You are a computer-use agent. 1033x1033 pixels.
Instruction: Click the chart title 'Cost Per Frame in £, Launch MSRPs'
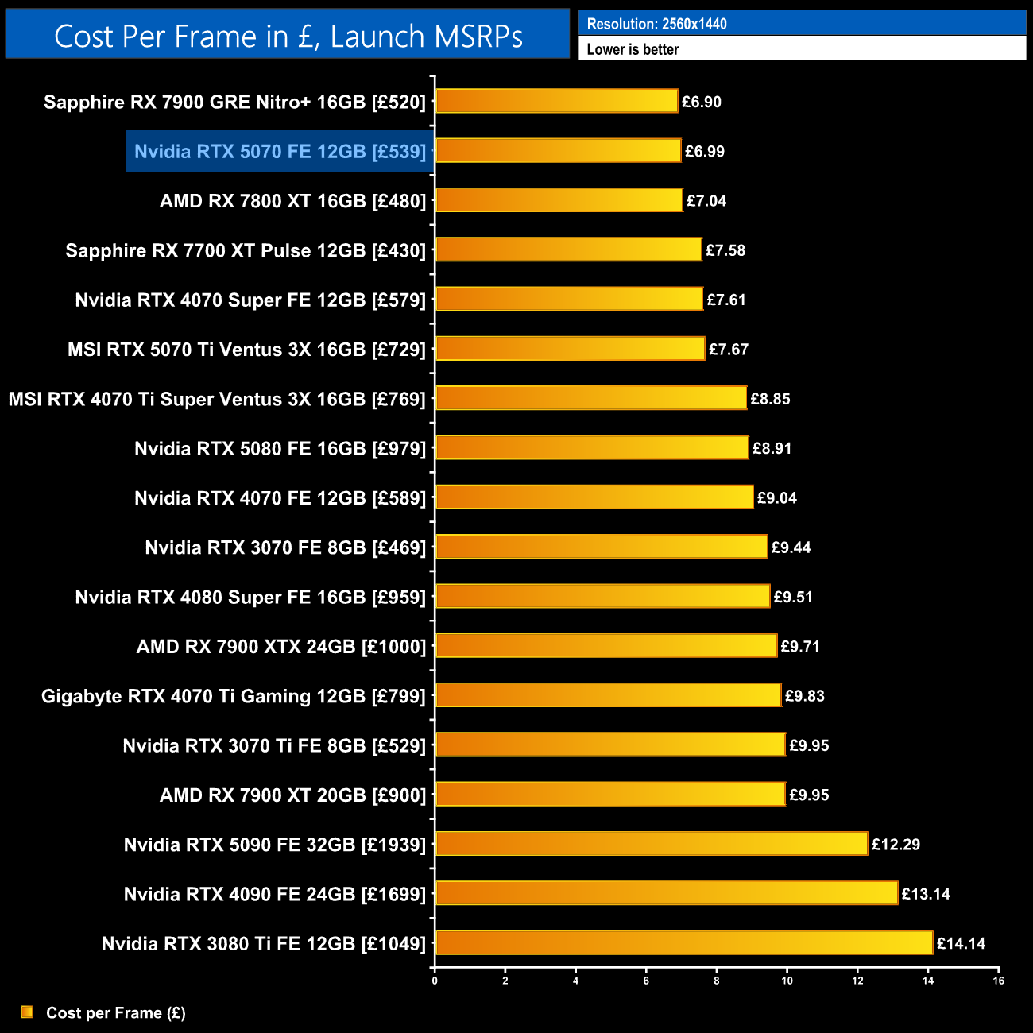[288, 37]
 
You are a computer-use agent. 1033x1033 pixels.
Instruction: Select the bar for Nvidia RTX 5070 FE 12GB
[558, 151]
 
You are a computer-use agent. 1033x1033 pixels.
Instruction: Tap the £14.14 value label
[961, 944]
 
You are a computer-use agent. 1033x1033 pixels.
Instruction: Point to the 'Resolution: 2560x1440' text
[656, 24]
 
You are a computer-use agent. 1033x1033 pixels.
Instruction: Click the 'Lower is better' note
[633, 49]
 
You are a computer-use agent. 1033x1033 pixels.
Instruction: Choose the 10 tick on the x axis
[787, 981]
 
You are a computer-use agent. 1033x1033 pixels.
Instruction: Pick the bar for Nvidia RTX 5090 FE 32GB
[652, 844]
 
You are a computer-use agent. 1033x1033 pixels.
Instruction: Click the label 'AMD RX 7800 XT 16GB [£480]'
[292, 201]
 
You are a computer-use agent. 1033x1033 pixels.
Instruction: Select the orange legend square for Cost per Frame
[27, 1012]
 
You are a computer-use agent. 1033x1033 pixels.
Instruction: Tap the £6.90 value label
[702, 102]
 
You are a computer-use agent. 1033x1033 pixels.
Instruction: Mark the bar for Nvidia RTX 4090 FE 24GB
[667, 894]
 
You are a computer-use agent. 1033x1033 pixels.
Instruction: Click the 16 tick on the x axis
[998, 981]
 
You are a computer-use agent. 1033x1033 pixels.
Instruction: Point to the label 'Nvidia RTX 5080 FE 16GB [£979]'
[280, 449]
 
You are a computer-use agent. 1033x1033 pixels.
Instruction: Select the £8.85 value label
[770, 399]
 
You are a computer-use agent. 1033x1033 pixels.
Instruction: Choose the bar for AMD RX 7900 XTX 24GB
[606, 646]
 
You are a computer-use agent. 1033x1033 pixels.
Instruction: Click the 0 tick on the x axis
[435, 981]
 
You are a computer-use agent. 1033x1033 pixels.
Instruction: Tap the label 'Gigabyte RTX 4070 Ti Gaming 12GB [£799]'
[234, 696]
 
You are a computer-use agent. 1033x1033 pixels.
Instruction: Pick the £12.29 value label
[896, 845]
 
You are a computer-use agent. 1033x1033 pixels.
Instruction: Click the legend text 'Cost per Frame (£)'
[116, 1013]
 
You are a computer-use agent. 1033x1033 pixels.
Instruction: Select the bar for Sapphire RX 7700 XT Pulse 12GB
[569, 250]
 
